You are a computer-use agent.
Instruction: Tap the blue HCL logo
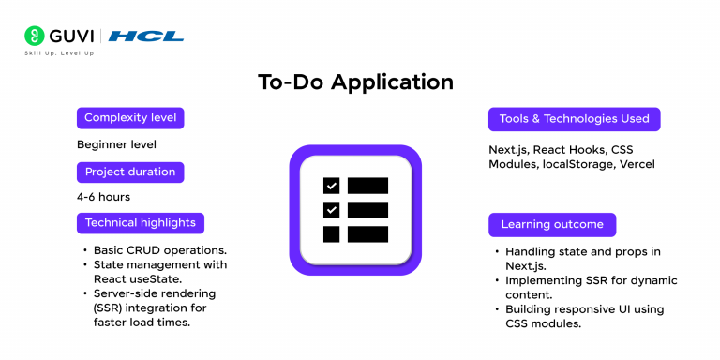145,37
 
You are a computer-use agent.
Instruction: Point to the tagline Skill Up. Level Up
59,53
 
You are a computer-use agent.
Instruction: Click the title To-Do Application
355,82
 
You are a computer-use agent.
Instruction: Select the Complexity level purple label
130,118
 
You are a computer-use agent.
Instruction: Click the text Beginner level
116,144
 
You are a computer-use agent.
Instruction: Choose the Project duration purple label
130,172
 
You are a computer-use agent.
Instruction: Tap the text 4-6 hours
103,197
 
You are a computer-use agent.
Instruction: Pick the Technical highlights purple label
141,223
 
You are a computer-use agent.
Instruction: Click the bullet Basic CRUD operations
159,251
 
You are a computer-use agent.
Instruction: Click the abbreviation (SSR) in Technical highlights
109,307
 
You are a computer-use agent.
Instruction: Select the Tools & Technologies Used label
574,119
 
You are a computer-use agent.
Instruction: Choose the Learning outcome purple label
552,224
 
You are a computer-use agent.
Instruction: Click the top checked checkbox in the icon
331,186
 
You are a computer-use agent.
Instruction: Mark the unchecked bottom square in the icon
331,233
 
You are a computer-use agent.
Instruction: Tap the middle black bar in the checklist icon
367,210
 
